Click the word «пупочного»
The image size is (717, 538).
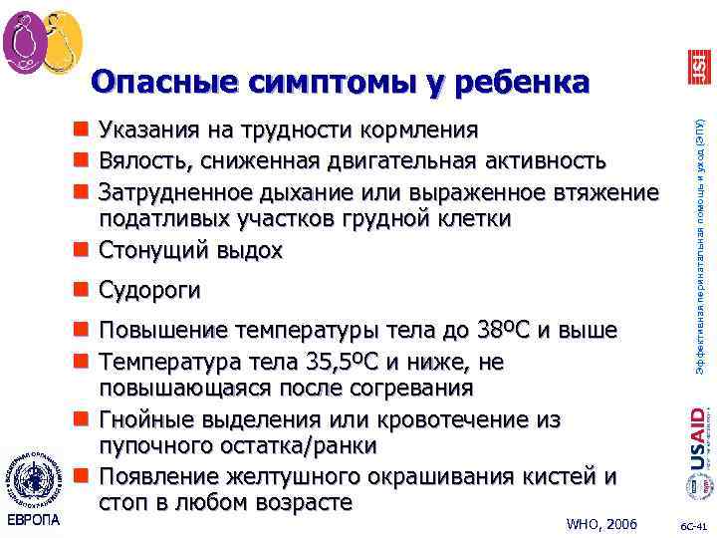(159, 446)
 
